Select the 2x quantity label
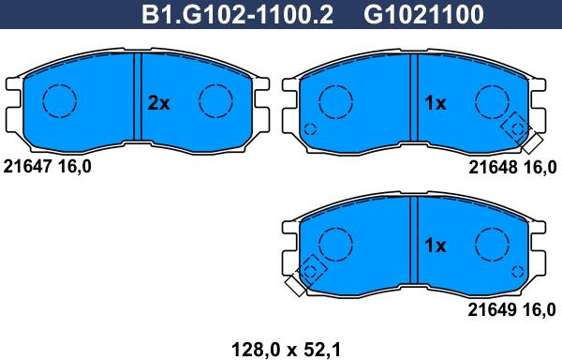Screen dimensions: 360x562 click(x=159, y=104)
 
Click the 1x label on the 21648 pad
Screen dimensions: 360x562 click(x=436, y=104)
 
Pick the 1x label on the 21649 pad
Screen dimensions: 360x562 click(x=436, y=247)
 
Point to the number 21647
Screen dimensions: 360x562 click(x=27, y=166)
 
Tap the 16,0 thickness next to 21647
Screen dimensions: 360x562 click(x=74, y=166)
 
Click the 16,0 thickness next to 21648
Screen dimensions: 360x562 click(x=538, y=166)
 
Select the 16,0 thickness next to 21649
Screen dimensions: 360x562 click(x=538, y=308)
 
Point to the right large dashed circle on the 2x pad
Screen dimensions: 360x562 click(x=215, y=100)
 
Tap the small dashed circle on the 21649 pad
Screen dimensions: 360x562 click(x=519, y=271)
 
